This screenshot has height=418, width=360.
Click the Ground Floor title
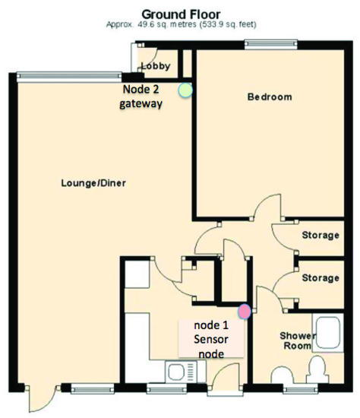[181, 14]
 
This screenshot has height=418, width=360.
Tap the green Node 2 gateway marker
[185, 90]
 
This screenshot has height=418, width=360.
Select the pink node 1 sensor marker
[244, 312]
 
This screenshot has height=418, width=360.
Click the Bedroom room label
[270, 97]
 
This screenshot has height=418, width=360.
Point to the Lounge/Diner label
[93, 183]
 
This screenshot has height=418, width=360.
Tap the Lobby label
[156, 66]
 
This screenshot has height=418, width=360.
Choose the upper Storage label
[321, 235]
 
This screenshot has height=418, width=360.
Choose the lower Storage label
[321, 277]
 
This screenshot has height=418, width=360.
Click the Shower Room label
[296, 340]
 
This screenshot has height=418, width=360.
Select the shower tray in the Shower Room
[328, 333]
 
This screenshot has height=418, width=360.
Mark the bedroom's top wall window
[271, 44]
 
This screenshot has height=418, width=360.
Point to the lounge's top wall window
[69, 77]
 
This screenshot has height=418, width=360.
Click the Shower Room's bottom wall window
[300, 389]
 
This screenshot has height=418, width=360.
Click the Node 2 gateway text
[141, 97]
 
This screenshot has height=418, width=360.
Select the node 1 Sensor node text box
[211, 338]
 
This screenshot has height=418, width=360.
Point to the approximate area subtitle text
[182, 24]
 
